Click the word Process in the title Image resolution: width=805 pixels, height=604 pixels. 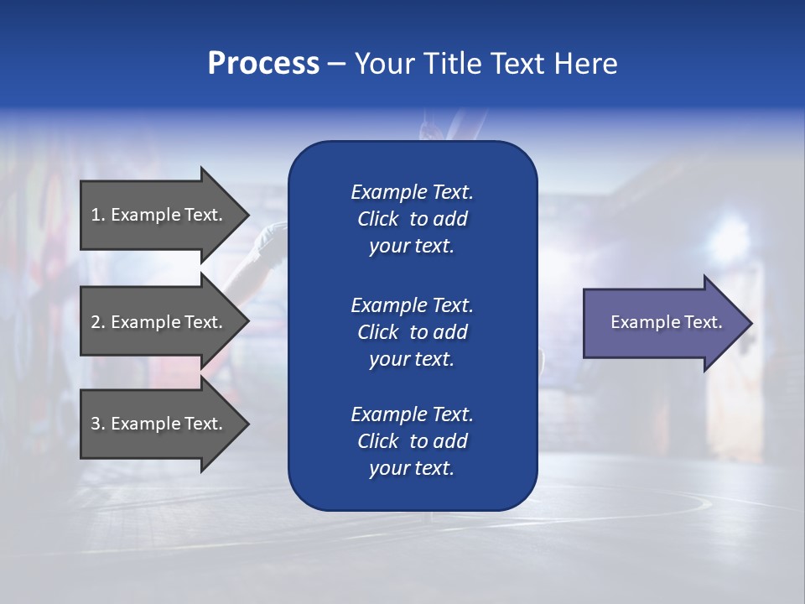coord(263,64)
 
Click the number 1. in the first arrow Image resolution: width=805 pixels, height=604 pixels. coord(98,215)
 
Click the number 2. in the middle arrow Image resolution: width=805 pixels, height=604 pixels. coord(98,322)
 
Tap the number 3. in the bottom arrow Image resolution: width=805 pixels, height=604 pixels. coord(98,424)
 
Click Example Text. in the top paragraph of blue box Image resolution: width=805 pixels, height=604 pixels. coord(412,192)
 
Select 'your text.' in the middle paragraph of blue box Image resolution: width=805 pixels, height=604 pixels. coord(412,359)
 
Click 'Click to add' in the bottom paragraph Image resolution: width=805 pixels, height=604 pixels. coord(412,441)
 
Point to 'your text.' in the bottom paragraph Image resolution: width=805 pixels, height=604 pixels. coord(412,468)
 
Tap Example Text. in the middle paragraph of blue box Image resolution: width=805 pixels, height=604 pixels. coord(412,305)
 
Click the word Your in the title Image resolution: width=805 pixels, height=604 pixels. coord(385,64)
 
